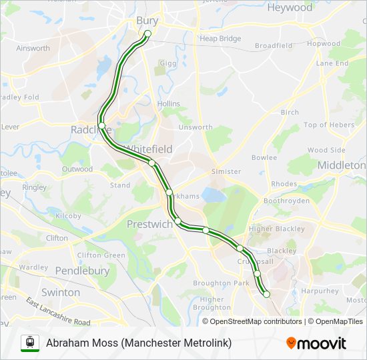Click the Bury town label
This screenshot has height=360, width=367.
click(147, 21)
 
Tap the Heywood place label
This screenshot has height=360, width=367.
click(290, 8)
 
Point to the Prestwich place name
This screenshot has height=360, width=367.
click(149, 224)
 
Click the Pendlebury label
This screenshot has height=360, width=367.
click(82, 271)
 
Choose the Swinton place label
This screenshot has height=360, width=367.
click(61, 292)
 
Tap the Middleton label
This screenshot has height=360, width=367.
click(342, 165)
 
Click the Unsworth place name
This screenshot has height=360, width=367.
click(196, 127)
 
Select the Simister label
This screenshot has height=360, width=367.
click(226, 171)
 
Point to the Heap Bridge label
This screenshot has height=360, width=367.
click(220, 39)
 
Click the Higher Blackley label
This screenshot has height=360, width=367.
click(276, 229)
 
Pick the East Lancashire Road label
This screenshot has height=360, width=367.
click(59, 311)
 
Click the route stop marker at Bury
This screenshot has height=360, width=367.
click(147, 33)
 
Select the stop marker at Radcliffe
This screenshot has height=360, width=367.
click(101, 125)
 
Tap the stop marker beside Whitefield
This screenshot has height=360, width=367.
click(152, 163)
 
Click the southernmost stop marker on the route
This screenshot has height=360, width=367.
click(266, 294)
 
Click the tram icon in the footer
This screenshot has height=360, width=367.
click(29, 343)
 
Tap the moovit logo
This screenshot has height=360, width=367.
click(316, 343)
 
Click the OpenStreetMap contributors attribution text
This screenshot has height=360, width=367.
click(252, 321)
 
